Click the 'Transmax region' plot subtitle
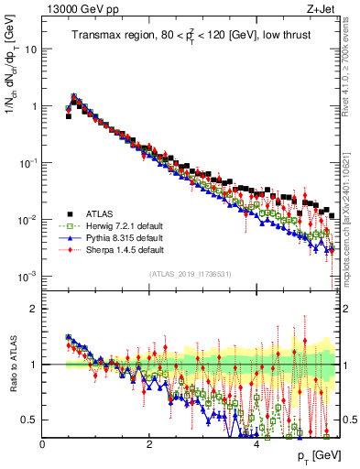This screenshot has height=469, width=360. point(191,36)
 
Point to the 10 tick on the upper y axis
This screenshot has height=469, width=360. point(32,49)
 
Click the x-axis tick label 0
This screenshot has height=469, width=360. point(42,443)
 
